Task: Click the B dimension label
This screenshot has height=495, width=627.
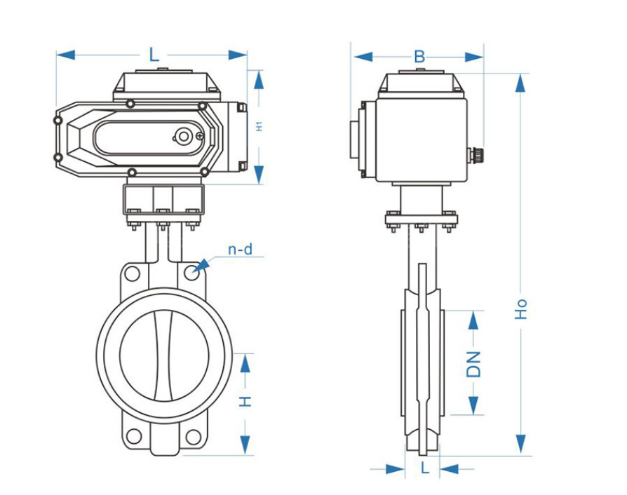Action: (419, 57)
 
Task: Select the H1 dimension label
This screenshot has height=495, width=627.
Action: (259, 127)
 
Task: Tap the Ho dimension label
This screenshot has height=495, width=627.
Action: (520, 309)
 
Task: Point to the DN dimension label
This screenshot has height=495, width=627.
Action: (473, 365)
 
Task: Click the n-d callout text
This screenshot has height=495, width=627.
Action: (241, 250)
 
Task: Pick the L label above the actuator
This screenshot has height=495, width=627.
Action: (154, 55)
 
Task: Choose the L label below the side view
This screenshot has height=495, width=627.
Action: (425, 467)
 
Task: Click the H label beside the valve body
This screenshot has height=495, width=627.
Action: (245, 401)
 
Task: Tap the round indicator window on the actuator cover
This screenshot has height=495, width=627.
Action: (184, 136)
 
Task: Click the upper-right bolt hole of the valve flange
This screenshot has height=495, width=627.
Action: (191, 273)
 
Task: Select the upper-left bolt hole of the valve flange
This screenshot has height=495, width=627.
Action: (133, 274)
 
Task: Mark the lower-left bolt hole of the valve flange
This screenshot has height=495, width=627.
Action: (133, 436)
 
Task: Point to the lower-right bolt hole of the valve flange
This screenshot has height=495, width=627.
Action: (194, 437)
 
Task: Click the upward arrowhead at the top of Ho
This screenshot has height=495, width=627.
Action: (520, 83)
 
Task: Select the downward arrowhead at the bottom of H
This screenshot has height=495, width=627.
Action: (245, 445)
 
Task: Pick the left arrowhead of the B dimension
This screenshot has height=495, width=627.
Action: (363, 57)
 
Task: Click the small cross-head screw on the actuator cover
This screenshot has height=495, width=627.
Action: (200, 135)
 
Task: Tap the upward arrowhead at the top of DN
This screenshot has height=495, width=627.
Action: (473, 320)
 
